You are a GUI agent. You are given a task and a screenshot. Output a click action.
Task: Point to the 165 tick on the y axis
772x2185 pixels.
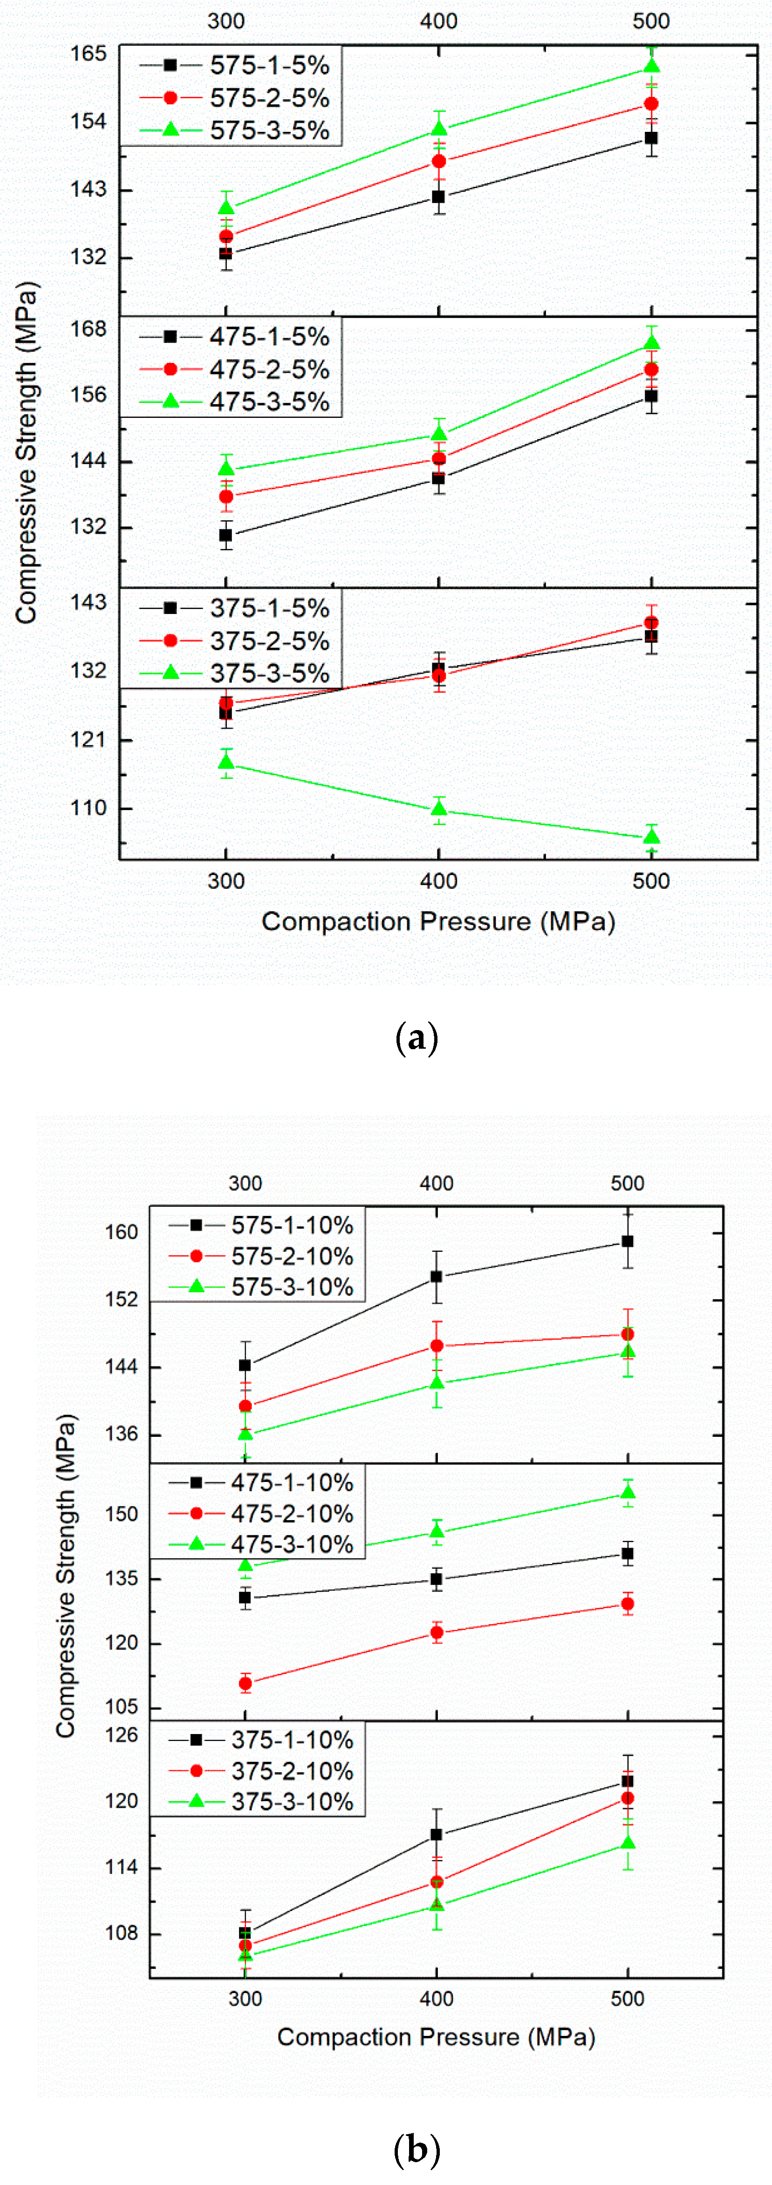click(x=88, y=55)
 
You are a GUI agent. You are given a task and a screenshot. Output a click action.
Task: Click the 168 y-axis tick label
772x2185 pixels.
click(x=88, y=328)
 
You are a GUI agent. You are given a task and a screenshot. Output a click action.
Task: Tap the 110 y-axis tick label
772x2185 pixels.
click(x=88, y=808)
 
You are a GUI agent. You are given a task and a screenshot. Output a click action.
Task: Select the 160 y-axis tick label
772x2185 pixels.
click(x=121, y=1232)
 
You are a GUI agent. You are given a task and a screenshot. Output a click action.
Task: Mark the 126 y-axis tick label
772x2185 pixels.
click(x=121, y=1735)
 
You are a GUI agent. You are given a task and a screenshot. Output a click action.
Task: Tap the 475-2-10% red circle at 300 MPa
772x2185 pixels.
click(x=245, y=1684)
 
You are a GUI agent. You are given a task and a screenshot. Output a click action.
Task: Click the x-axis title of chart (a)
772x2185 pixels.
click(x=438, y=921)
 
